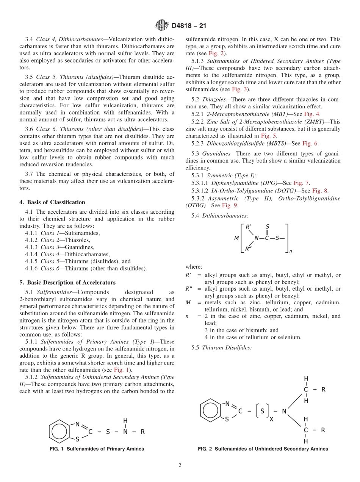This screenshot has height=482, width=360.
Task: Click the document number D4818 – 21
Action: (189, 26)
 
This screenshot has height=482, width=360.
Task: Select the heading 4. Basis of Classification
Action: (55, 202)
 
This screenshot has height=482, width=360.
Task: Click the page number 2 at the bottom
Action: (180, 465)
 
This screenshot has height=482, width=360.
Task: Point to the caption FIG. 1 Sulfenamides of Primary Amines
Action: (97, 449)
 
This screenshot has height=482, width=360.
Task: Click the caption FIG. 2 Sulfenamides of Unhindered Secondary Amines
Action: (263, 449)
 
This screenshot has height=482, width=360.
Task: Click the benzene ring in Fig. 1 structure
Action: (59, 431)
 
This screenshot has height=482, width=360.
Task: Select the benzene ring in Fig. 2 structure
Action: (210, 410)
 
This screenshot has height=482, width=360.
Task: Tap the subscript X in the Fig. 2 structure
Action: (271, 419)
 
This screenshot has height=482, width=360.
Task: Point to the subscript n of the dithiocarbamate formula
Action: (291, 251)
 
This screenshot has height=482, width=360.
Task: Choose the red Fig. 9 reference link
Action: (230, 205)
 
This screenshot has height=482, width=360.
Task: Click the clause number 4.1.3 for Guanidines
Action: (32, 247)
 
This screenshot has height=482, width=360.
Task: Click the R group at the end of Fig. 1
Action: (142, 431)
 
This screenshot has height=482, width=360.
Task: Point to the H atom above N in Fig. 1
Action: (125, 420)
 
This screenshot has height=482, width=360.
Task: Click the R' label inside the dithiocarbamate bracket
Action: (249, 227)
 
